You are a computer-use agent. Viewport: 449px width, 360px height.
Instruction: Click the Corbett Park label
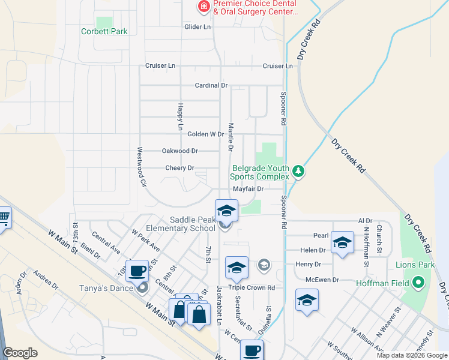click(x=105, y=31)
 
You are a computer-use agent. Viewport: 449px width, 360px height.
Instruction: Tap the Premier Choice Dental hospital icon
click(x=204, y=7)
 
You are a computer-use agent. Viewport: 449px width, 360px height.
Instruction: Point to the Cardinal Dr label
click(x=211, y=85)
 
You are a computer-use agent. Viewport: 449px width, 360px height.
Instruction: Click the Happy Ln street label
click(x=179, y=116)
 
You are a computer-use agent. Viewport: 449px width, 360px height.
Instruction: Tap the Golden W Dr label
click(x=205, y=134)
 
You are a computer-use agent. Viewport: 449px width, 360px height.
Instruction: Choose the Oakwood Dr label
click(x=179, y=151)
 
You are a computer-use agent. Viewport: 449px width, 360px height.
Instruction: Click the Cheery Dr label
click(x=179, y=168)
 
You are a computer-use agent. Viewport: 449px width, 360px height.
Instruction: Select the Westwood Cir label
click(x=142, y=166)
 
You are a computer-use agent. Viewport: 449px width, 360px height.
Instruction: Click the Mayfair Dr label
click(x=248, y=188)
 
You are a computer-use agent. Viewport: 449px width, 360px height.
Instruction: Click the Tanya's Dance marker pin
click(x=142, y=289)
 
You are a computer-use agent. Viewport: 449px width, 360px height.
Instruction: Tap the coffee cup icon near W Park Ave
click(x=138, y=271)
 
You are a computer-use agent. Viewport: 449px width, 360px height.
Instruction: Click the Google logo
click(x=20, y=353)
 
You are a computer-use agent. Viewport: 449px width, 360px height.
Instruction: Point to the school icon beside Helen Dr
click(x=342, y=242)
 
